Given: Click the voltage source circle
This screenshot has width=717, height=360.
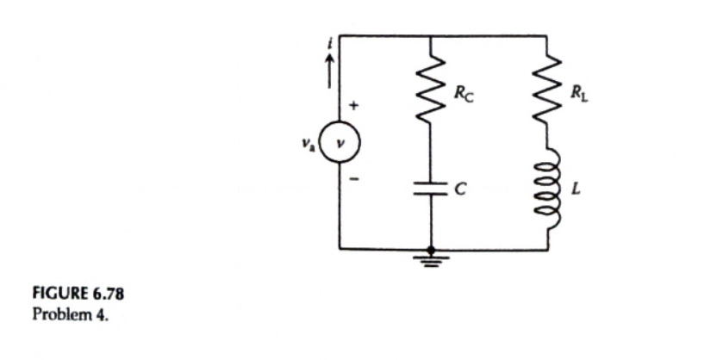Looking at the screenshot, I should point(339,142).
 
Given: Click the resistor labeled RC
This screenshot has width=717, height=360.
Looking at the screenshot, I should point(430,90).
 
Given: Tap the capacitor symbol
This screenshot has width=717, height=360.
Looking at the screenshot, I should point(430,190).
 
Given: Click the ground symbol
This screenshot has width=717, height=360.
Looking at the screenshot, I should point(430,258).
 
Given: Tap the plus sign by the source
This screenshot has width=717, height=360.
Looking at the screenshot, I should point(353,107).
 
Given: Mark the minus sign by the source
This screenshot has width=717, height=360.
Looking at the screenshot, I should point(353,180).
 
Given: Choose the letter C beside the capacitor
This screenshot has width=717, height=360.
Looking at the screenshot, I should point(461,191).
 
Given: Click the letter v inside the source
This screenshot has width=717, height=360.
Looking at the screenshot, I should point(340,142).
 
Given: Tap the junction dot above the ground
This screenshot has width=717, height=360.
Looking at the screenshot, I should point(430,249).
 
